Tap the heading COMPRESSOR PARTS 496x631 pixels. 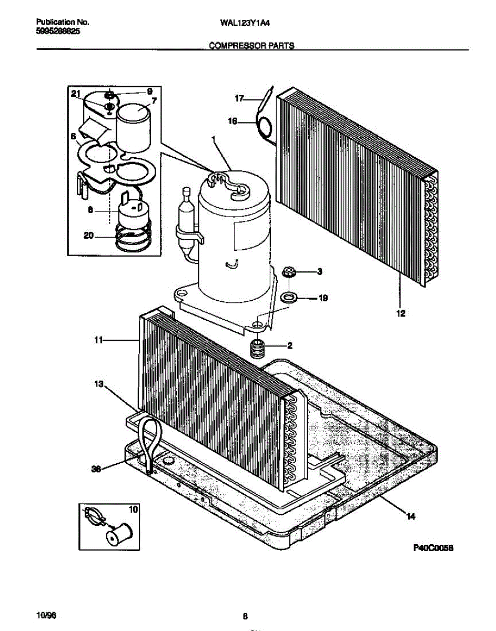[251, 46]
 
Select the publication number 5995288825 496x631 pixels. [58, 32]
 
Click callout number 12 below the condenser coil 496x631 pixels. [400, 314]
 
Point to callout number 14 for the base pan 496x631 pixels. [411, 517]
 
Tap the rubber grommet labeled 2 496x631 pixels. [258, 348]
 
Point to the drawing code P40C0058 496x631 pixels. [433, 548]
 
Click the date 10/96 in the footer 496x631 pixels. [45, 615]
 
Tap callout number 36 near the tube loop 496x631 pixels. [96, 470]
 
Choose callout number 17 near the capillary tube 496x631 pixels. [239, 98]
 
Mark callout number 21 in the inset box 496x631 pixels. [76, 94]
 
